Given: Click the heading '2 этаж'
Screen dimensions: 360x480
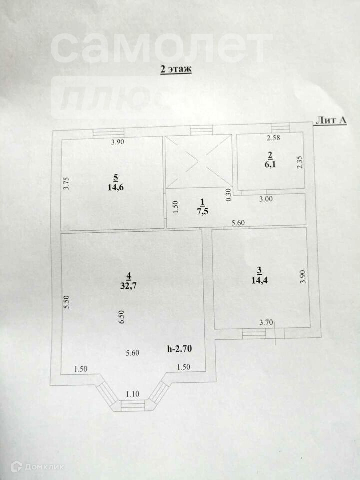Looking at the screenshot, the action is pyautogui.click(x=176, y=70).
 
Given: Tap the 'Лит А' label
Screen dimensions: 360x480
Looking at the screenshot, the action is pyautogui.click(x=331, y=120).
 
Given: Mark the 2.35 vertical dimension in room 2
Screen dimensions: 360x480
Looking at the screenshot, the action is pyautogui.click(x=300, y=163).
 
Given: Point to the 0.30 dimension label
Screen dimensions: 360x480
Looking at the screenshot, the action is pyautogui.click(x=229, y=194).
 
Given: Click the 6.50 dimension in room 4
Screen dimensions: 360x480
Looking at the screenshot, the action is pyautogui.click(x=121, y=317).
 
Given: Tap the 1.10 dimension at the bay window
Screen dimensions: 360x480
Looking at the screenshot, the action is pyautogui.click(x=133, y=394).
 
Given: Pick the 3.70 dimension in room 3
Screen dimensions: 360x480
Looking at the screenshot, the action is pyautogui.click(x=266, y=323).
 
